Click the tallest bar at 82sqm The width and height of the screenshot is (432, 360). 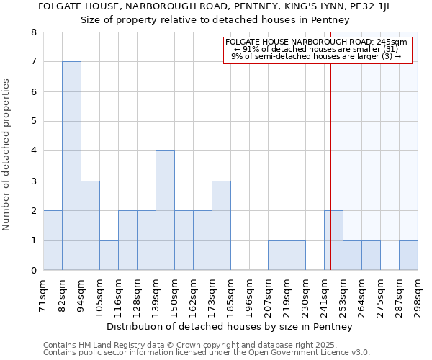(x=71, y=166)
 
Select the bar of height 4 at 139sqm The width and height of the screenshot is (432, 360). (x=165, y=210)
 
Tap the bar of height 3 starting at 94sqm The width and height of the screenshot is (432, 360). (x=90, y=225)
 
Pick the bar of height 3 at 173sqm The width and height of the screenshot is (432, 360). (x=221, y=225)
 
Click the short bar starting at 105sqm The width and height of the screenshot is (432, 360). (x=109, y=256)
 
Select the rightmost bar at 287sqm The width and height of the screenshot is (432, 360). (x=408, y=256)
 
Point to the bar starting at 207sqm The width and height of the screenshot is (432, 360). (x=277, y=256)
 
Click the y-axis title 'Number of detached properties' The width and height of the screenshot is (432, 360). (x=7, y=156)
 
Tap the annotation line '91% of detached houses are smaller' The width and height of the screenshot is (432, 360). (x=316, y=49)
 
